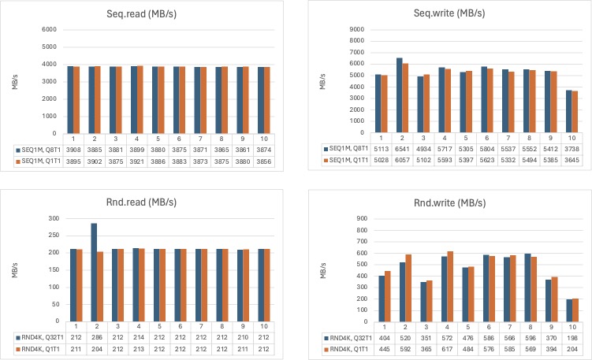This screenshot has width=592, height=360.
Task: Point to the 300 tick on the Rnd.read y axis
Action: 54,217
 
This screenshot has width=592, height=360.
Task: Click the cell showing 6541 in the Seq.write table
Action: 400,148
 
